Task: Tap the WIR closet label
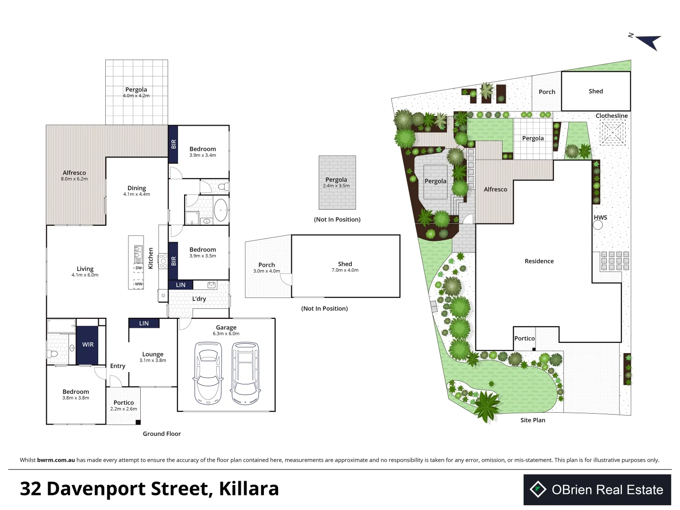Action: point(88,344)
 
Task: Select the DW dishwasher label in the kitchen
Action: point(138,268)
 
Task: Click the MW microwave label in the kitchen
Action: point(138,284)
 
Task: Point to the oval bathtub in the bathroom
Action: point(221,210)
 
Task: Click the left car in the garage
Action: point(208,373)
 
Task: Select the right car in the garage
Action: point(245,373)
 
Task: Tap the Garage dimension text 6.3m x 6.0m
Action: point(226,333)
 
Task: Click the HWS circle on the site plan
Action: point(598,225)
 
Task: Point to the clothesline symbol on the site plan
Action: point(612,133)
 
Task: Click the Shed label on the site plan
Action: point(596,91)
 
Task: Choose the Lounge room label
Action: point(153,354)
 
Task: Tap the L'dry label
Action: point(199,299)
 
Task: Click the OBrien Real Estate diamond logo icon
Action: point(538,489)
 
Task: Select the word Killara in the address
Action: point(249,489)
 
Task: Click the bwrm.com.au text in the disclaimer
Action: point(56,460)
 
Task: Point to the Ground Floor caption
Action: point(161,433)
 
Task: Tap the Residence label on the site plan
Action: point(539,261)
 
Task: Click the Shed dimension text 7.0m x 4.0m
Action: point(345,270)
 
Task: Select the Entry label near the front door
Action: point(118,366)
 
